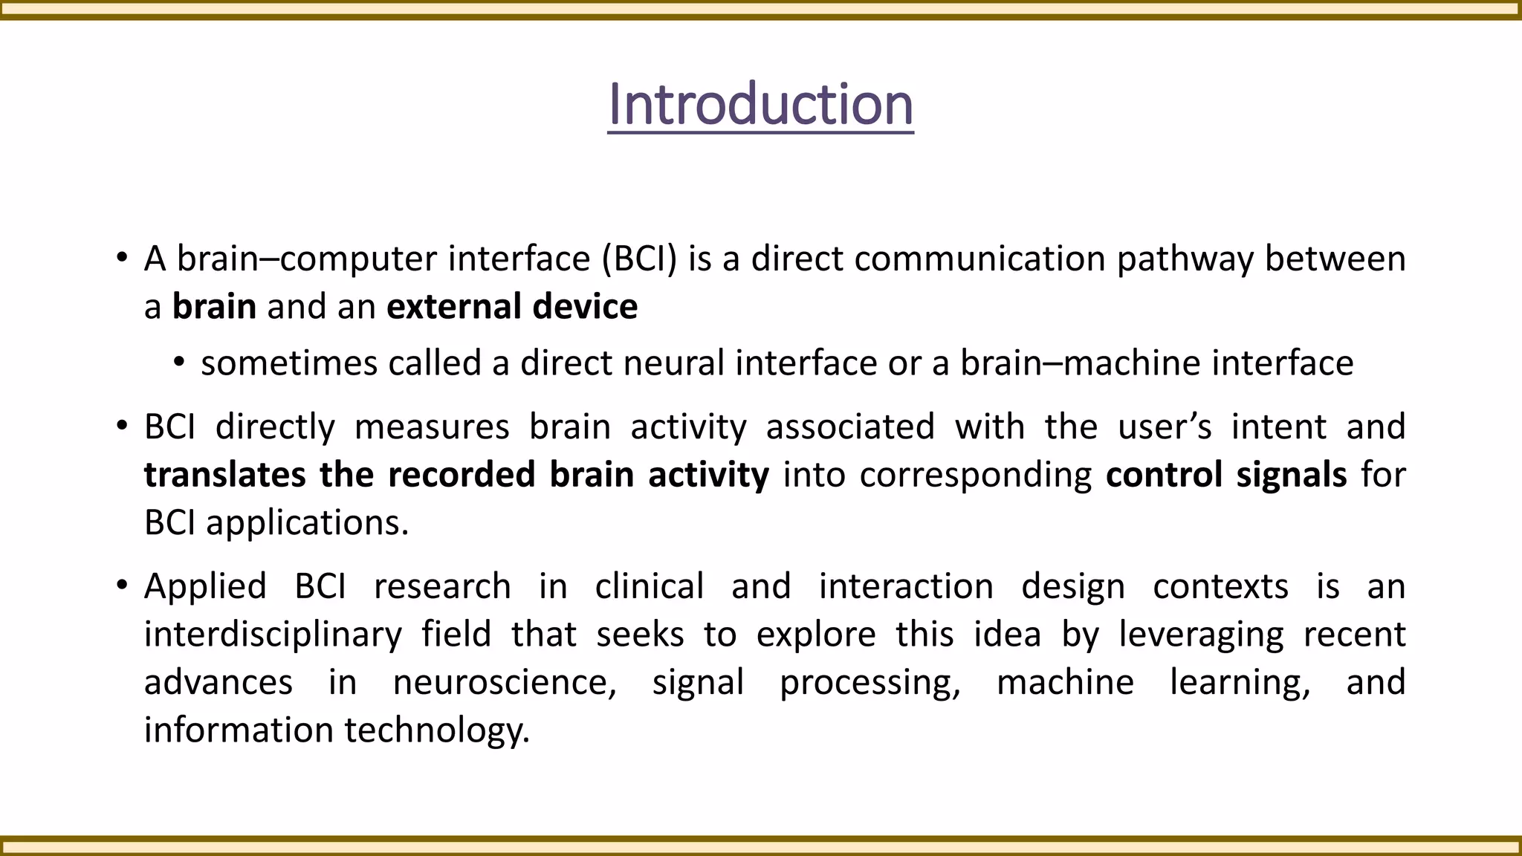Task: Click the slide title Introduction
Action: point(760,105)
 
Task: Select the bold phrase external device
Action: point(512,307)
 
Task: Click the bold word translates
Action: point(224,475)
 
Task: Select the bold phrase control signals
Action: point(1225,475)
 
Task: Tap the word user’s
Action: point(1165,427)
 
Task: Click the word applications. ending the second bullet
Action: point(307,523)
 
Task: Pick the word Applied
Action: point(205,587)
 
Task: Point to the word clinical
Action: point(649,587)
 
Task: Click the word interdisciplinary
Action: point(273,635)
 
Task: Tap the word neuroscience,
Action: point(505,683)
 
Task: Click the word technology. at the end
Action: point(437,730)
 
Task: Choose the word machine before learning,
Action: point(1064,683)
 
